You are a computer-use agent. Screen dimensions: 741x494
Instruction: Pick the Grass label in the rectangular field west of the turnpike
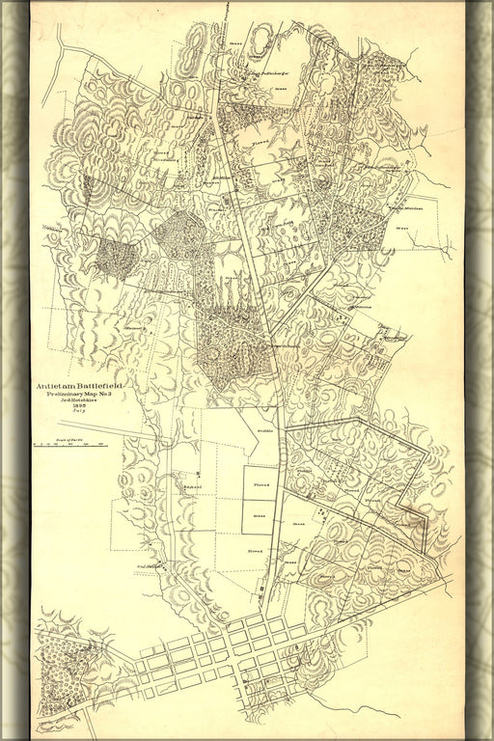[x=259, y=517]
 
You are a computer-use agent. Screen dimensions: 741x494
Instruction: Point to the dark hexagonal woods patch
[x=178, y=234]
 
